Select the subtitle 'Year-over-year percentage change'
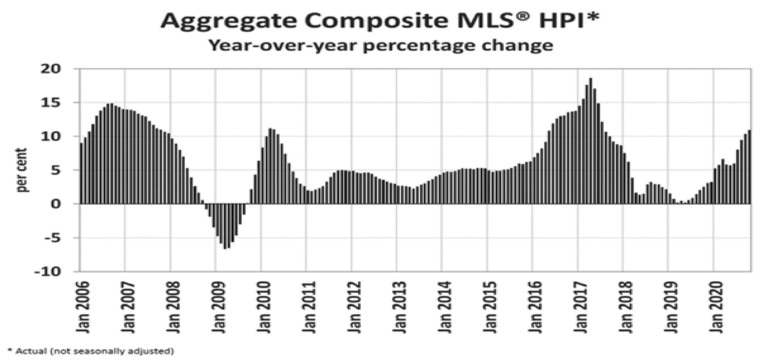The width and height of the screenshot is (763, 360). click(381, 46)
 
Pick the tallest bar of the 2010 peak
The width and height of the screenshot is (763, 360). click(270, 166)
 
